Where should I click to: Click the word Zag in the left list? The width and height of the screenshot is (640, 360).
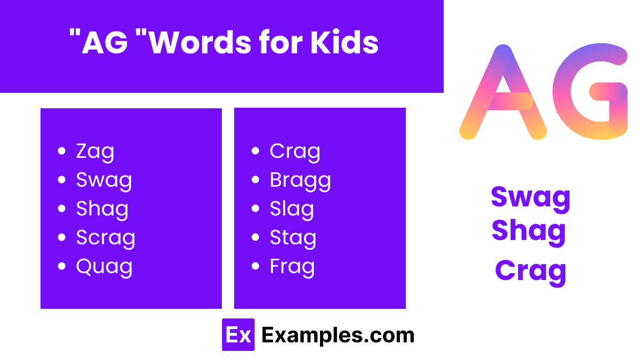95,152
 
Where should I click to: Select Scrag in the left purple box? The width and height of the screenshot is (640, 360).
106,238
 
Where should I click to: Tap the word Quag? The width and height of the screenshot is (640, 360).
104,267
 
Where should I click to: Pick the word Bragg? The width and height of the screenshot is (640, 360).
300,181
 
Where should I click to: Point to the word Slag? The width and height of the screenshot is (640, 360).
292,209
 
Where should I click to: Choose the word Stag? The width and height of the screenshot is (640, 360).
293,238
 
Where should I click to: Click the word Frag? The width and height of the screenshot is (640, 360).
292,267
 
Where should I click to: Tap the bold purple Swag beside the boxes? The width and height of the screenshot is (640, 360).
531,198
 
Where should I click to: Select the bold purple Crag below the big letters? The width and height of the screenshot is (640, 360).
531,270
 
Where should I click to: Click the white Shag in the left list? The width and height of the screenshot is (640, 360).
102,209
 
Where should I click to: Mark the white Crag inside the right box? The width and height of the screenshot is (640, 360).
295,152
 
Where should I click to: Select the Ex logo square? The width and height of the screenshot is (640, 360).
238,335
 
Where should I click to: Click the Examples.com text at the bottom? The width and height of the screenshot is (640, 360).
338,335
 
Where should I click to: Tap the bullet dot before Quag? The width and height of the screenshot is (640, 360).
62,266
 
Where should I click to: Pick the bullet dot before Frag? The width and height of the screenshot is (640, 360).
256,266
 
